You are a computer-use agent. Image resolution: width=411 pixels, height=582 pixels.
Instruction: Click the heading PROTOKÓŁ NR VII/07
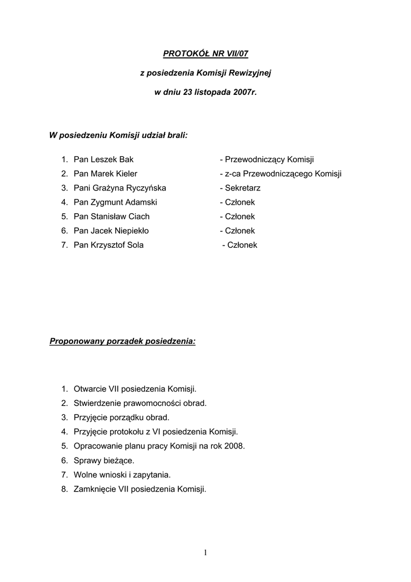[x=205, y=54]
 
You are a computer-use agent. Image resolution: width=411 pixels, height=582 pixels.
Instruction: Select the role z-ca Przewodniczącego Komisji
[x=280, y=174]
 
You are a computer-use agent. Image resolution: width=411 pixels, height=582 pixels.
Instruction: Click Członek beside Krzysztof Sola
[x=241, y=245]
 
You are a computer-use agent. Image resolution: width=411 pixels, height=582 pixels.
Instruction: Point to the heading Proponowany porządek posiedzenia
[x=123, y=342]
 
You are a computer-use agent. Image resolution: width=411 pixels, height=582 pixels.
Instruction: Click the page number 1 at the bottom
[x=205, y=552]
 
